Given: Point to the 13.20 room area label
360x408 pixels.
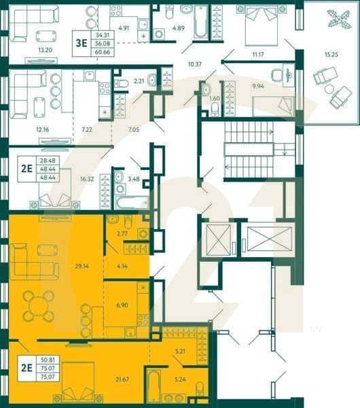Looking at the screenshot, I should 45,50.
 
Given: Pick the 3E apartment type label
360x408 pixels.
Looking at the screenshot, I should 81,42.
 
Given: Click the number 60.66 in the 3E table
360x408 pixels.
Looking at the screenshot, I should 103,50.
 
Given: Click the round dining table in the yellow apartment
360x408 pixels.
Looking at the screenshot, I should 39,305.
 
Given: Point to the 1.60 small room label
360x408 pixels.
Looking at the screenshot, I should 215,99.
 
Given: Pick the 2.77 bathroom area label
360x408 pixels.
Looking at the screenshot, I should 122,234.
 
